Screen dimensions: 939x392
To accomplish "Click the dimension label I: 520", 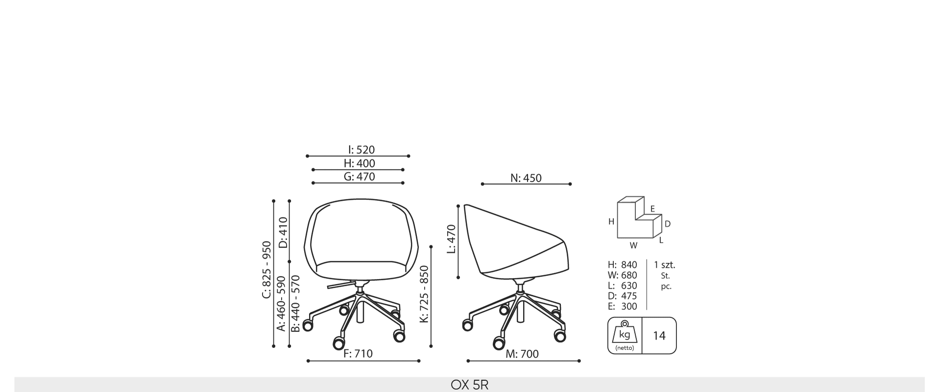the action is [x=361, y=150].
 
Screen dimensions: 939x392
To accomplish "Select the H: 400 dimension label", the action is [x=359, y=163].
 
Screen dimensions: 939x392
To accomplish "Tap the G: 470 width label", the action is [x=359, y=176].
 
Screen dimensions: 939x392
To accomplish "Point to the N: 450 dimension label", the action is [x=526, y=178].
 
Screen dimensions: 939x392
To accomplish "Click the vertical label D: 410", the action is [x=283, y=232].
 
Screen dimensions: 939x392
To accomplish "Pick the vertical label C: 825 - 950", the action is [x=266, y=269].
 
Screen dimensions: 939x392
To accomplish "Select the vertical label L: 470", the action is [x=452, y=239].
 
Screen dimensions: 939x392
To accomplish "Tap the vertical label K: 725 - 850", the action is [x=424, y=294].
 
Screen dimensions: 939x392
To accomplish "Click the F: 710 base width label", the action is [x=358, y=353].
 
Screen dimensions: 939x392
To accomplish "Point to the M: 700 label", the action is [x=522, y=354].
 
